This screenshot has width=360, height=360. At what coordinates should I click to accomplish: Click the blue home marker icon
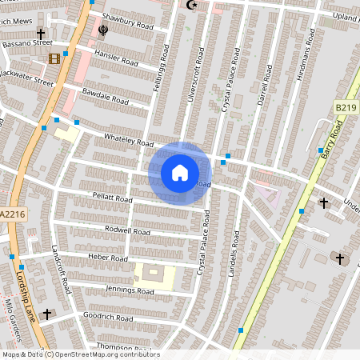(x=180, y=172)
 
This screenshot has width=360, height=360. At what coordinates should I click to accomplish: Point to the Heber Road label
(x=107, y=258)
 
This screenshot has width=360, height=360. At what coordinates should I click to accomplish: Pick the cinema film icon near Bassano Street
(x=54, y=58)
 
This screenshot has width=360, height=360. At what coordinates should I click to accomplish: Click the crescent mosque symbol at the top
(x=190, y=6)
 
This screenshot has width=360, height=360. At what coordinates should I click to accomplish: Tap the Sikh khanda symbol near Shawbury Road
(x=103, y=31)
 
